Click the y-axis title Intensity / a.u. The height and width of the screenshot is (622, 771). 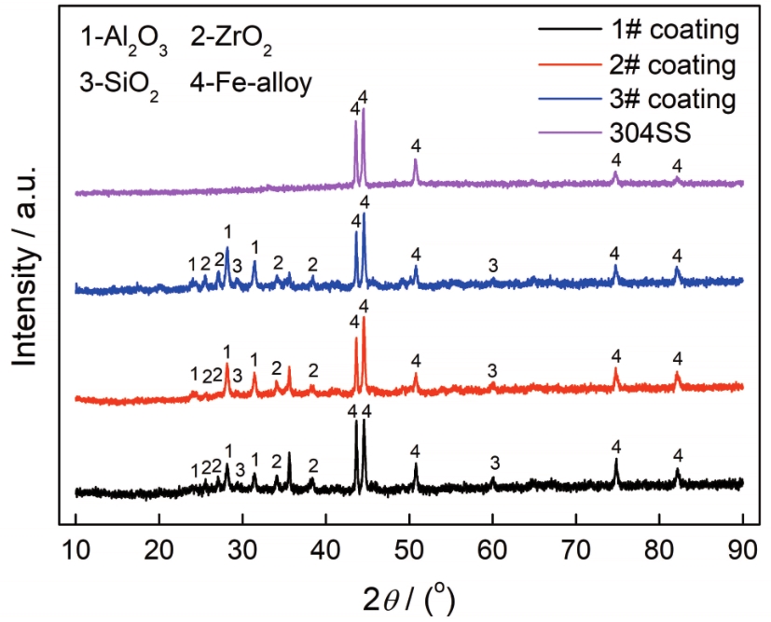tap(28, 268)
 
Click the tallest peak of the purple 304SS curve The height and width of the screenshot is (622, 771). tap(364, 110)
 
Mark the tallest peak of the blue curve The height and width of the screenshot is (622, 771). tap(364, 214)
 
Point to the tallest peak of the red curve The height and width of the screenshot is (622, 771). tap(364, 319)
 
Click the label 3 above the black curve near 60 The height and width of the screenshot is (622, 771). tap(495, 463)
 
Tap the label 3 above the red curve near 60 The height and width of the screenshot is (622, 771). tap(492, 369)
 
